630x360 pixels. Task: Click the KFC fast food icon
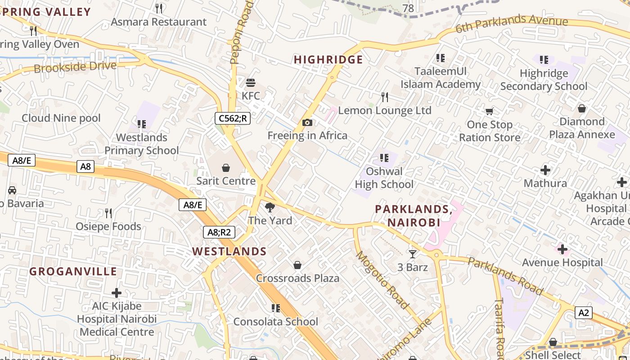point(251,83)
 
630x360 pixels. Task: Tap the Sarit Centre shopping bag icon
point(226,168)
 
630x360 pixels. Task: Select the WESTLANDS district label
point(229,252)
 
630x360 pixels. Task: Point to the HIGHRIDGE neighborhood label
point(328,60)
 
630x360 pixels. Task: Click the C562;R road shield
point(232,118)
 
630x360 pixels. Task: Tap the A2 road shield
point(583,313)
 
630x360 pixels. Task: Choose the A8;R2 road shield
point(219,232)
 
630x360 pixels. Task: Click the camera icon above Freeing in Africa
point(307,122)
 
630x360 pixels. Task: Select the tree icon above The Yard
point(270,207)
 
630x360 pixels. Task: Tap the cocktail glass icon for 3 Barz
point(412,254)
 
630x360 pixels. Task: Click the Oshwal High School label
point(384,178)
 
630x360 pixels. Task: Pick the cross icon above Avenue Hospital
point(562,249)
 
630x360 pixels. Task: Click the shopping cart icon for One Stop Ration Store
point(489,111)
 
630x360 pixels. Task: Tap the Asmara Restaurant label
point(158,22)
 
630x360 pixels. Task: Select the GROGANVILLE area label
point(73,272)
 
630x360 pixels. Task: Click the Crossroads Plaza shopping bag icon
point(297,265)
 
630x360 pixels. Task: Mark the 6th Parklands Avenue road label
point(512,24)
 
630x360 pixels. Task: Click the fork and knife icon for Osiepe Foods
point(108,213)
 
